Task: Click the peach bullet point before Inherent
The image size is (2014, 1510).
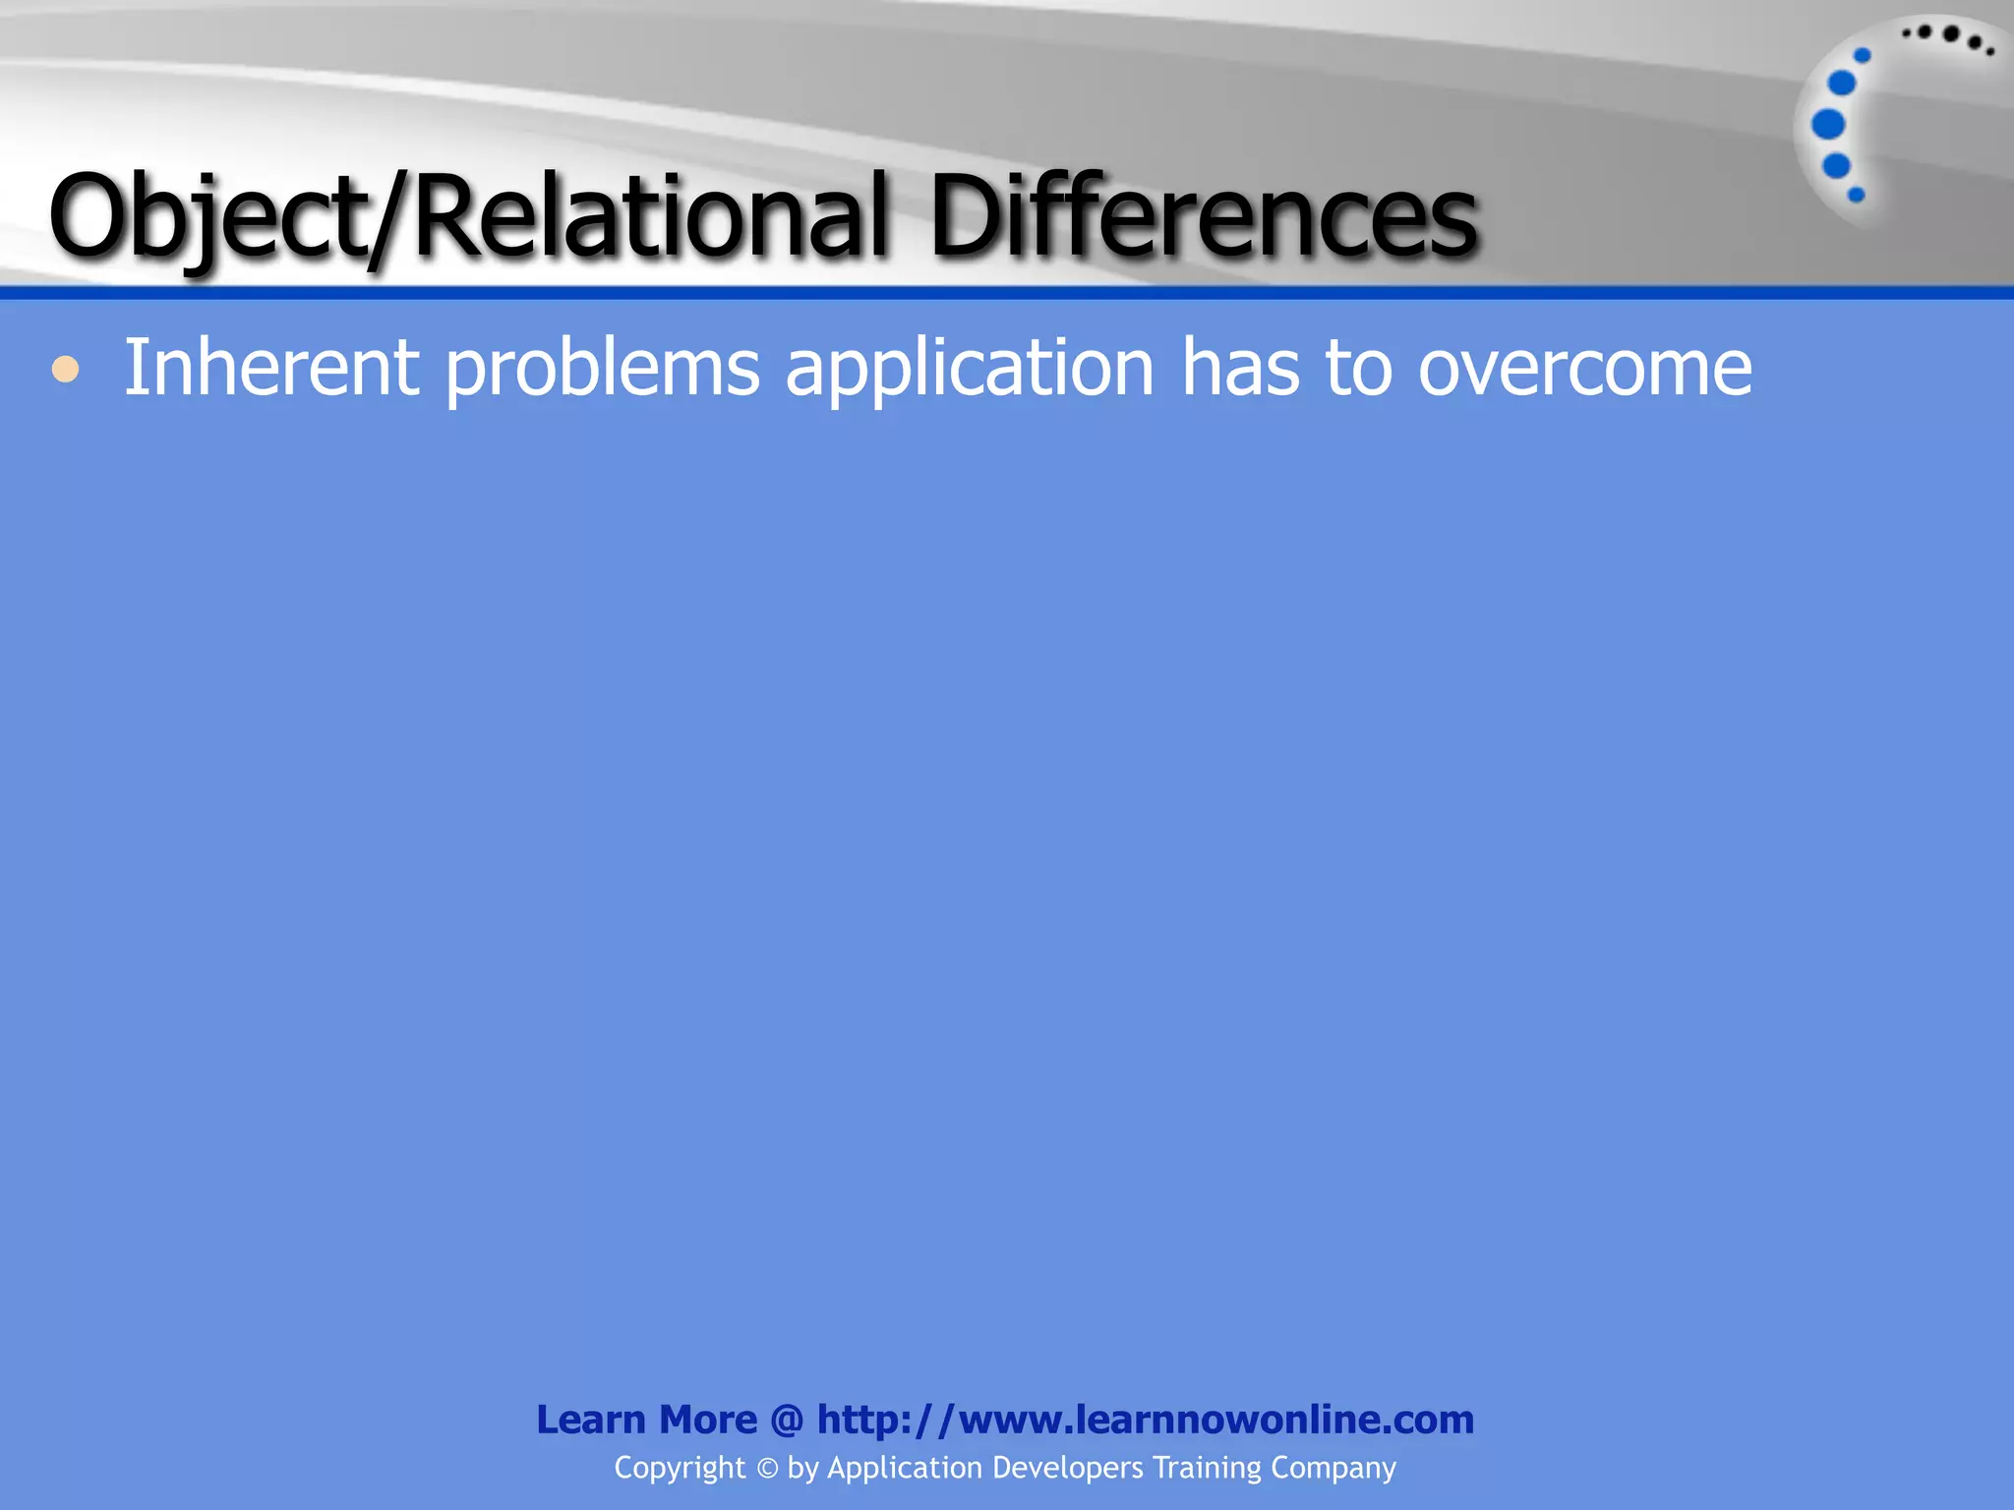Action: click(x=65, y=370)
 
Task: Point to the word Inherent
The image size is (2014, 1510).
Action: click(x=271, y=368)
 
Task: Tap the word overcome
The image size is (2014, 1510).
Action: click(x=1584, y=370)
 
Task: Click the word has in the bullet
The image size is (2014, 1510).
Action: click(x=1240, y=368)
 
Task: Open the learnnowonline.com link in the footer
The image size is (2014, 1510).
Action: click(x=1146, y=1420)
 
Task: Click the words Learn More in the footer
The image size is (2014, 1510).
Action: click(x=646, y=1420)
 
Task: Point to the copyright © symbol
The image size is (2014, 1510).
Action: click(x=766, y=1469)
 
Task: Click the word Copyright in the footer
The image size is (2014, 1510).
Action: click(x=680, y=1468)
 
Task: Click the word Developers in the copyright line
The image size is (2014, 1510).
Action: click(x=1067, y=1468)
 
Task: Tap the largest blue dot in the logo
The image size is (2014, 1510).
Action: click(x=1828, y=125)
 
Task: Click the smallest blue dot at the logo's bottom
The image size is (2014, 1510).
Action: click(x=1857, y=195)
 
